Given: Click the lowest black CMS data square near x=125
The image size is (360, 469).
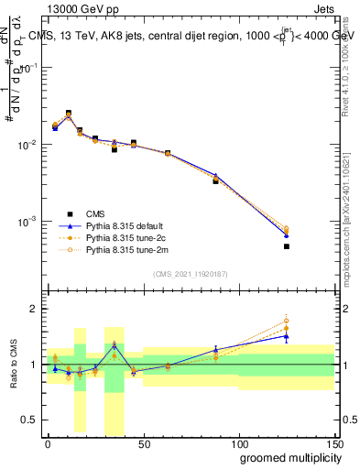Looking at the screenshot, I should coord(286,246).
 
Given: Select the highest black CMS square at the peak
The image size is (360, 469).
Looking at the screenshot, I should coord(69,114).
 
